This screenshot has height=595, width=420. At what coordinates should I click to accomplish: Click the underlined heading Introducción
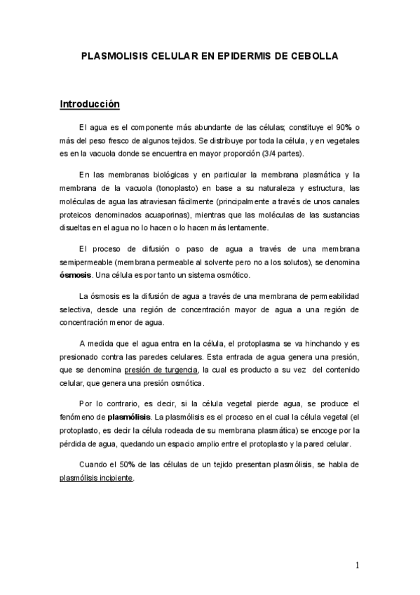(x=90, y=105)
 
